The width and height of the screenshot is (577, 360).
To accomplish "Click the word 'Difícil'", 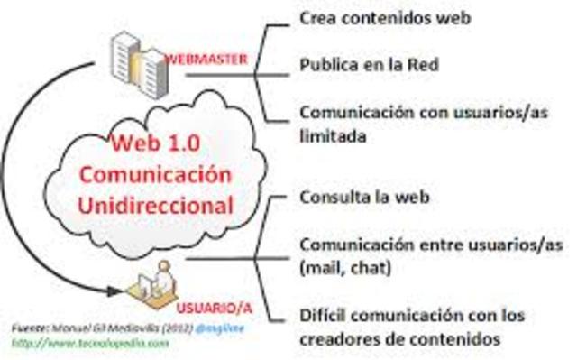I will point(322,316).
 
